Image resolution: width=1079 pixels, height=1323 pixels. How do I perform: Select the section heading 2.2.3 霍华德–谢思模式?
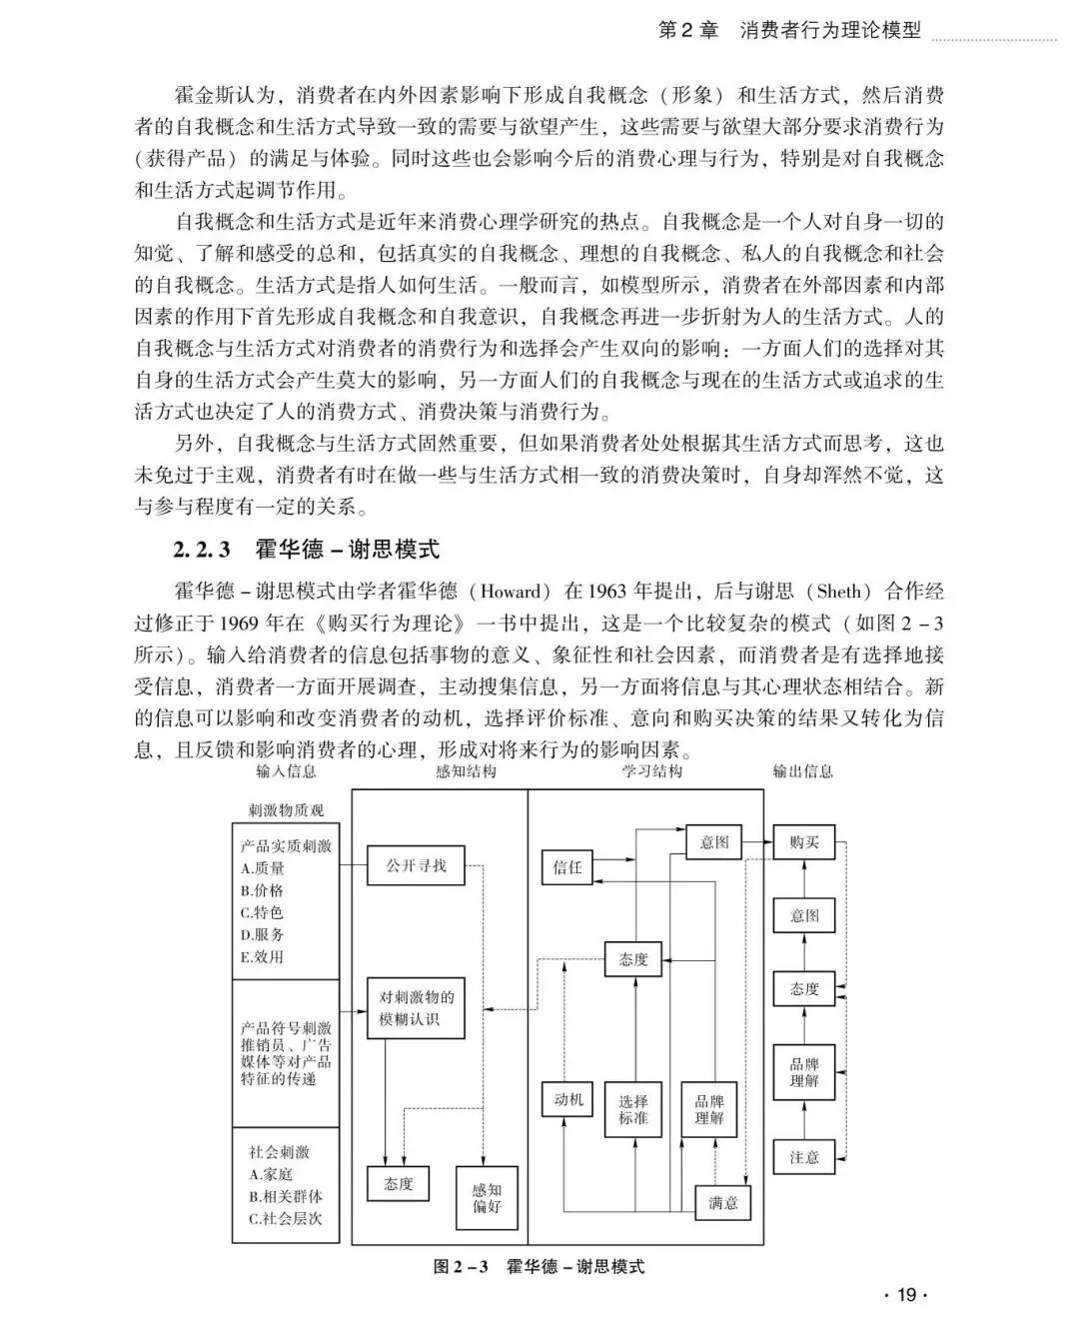click(x=306, y=549)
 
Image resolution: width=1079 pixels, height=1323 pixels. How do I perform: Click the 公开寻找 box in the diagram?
click(x=417, y=865)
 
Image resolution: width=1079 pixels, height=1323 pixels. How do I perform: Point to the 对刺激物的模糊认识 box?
click(x=417, y=1008)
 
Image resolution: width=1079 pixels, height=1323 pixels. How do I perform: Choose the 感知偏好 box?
click(x=487, y=1198)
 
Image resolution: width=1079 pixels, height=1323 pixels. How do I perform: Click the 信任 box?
click(x=567, y=867)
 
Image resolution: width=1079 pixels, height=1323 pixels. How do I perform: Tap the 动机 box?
click(x=567, y=1100)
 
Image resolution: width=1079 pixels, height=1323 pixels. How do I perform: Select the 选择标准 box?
click(x=633, y=1109)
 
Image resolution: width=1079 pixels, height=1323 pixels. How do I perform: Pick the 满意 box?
click(x=723, y=1202)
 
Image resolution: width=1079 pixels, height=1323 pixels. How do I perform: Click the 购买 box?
click(x=804, y=842)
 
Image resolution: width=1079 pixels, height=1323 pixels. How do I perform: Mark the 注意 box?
click(x=804, y=1157)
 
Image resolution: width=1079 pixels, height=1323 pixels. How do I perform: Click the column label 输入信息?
click(x=286, y=771)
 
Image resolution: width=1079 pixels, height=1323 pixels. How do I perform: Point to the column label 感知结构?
click(x=466, y=771)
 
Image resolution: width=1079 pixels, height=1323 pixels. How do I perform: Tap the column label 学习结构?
click(x=653, y=771)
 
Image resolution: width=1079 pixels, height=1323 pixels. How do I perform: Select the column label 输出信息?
click(x=803, y=771)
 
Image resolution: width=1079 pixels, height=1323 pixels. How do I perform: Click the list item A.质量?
click(x=263, y=868)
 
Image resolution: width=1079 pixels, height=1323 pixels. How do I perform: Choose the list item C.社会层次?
click(x=286, y=1218)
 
